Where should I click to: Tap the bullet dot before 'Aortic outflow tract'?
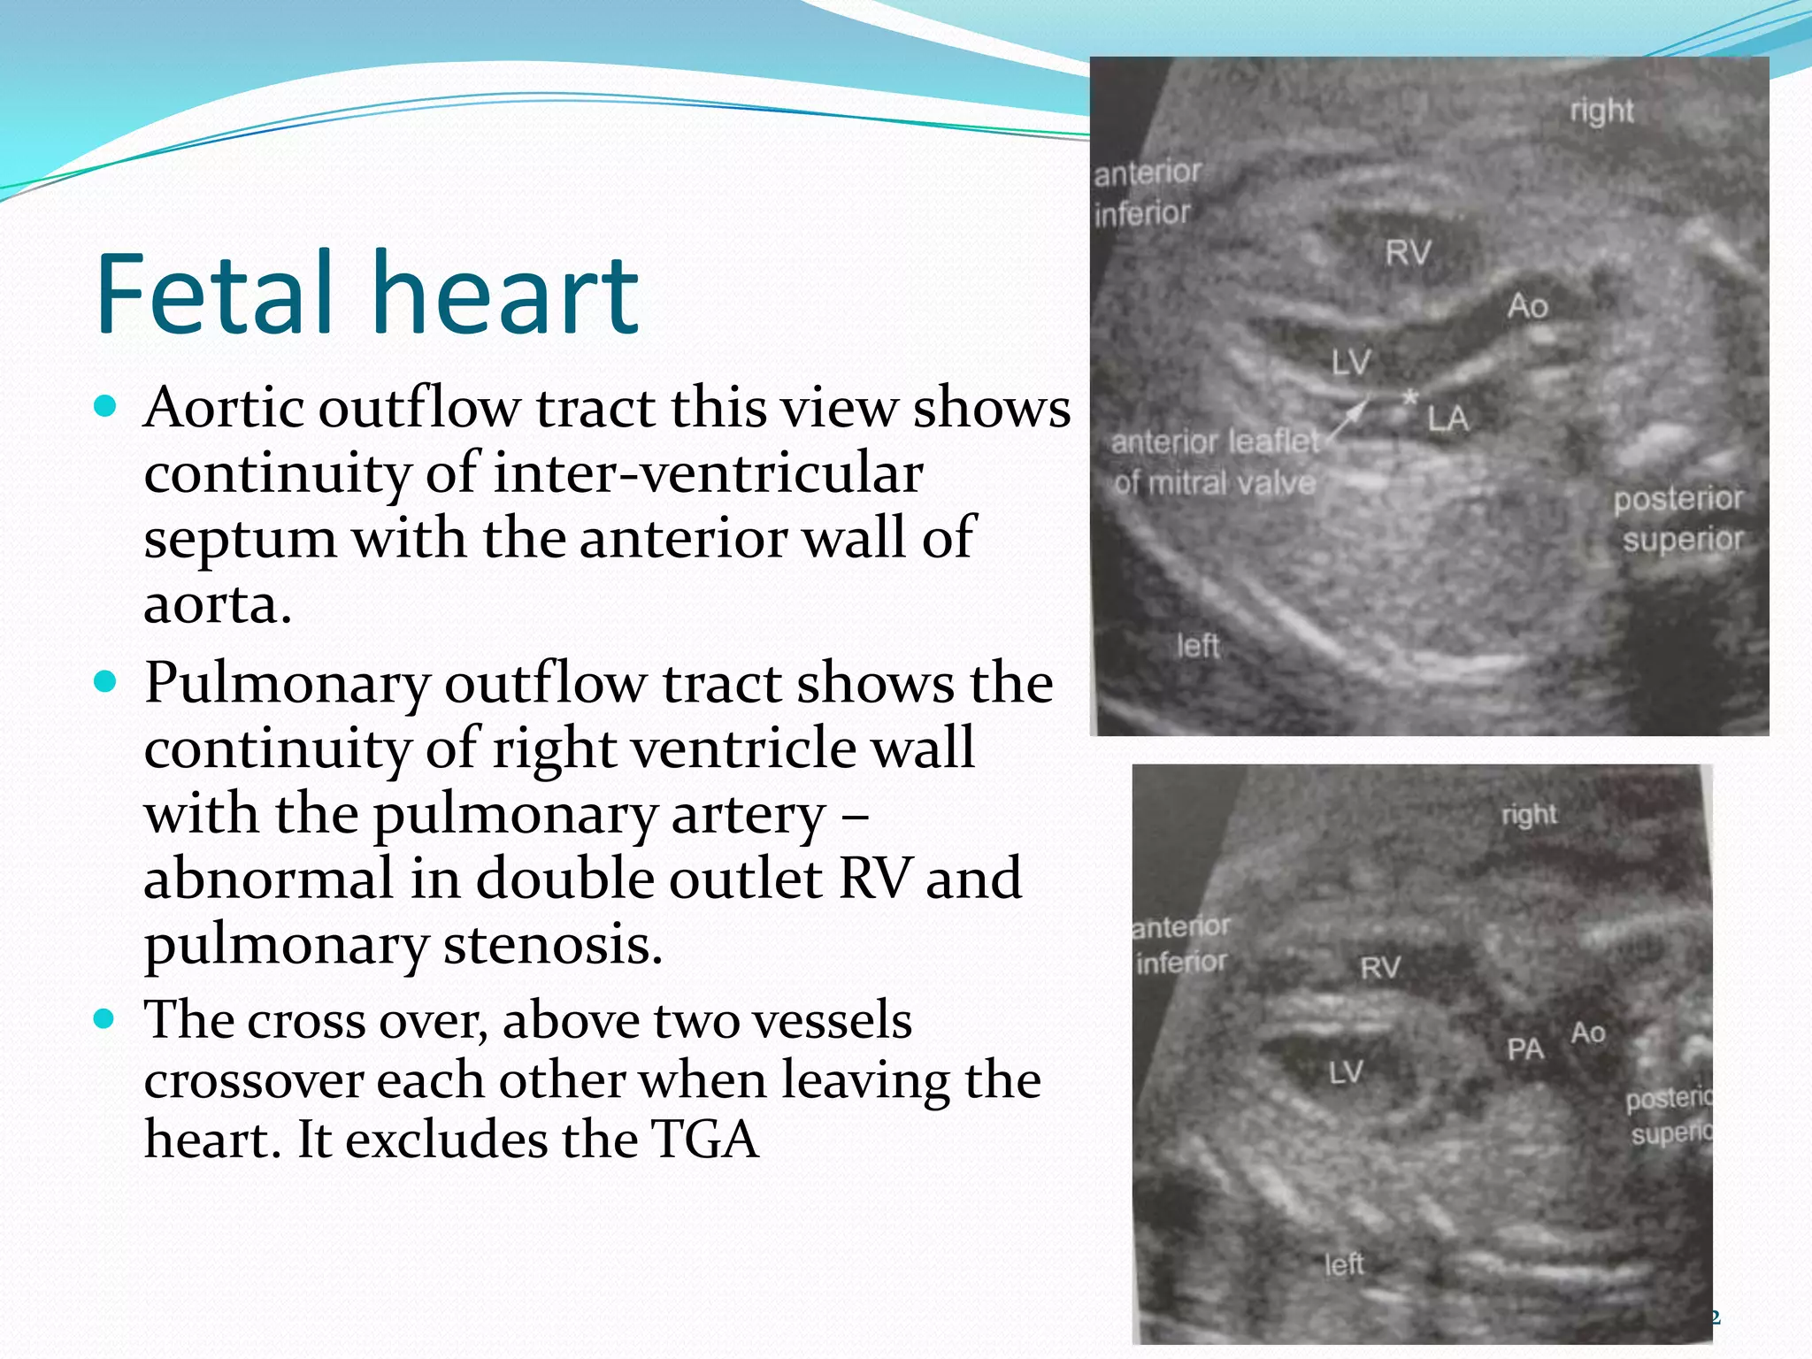[x=104, y=407]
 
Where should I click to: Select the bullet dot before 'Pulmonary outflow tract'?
[x=104, y=682]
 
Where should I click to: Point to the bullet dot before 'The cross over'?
[x=104, y=1019]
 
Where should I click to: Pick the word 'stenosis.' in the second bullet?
[x=553, y=944]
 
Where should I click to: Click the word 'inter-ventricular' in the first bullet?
[x=709, y=472]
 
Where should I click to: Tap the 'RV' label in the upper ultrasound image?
[x=1408, y=253]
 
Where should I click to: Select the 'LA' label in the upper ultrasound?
[x=1448, y=418]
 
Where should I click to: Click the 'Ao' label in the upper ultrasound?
[x=1528, y=306]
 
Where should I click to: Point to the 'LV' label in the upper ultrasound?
[x=1351, y=362]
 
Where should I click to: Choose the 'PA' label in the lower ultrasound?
[x=1525, y=1049]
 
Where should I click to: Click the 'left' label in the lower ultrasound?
[x=1344, y=1264]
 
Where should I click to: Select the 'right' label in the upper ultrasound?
[x=1601, y=111]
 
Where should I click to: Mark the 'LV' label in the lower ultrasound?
[x=1346, y=1073]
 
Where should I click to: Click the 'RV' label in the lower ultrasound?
[x=1380, y=968]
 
